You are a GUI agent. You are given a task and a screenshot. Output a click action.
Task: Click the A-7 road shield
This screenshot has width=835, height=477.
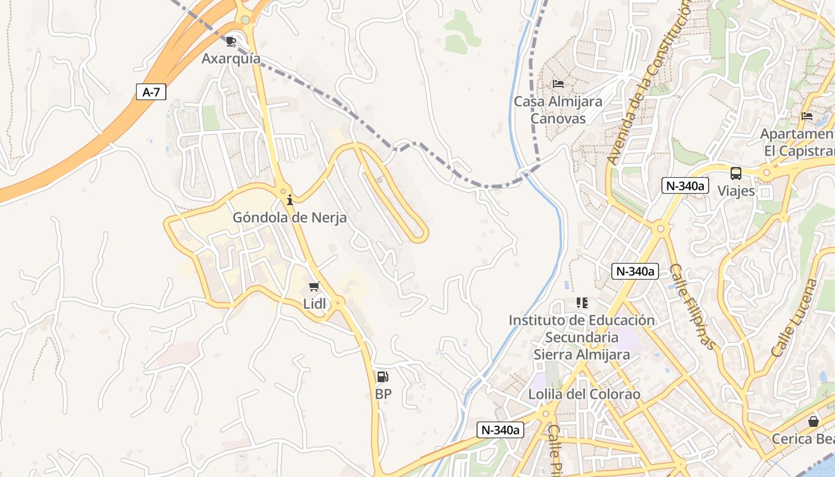[x=151, y=92]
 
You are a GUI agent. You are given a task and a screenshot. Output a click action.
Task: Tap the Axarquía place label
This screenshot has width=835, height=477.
[x=231, y=58]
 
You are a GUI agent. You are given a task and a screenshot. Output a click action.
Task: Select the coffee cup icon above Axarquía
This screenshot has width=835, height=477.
[x=231, y=41]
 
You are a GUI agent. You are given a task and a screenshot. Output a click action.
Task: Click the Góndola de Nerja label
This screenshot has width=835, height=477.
[x=289, y=218]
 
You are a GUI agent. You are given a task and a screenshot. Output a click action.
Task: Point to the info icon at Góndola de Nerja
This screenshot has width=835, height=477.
[x=290, y=200]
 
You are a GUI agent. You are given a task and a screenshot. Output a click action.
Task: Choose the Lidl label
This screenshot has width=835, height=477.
[x=315, y=303]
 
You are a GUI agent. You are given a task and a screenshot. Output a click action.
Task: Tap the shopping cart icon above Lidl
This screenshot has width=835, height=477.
[x=314, y=286]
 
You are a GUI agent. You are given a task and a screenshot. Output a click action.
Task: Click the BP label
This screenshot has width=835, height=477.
[x=383, y=394]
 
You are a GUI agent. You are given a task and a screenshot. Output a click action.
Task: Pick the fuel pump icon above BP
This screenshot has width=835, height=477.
[x=382, y=377]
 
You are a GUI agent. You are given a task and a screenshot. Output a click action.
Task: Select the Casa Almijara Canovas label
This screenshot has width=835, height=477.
[x=558, y=110]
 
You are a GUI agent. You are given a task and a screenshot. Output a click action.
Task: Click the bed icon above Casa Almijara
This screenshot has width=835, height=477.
[x=558, y=83]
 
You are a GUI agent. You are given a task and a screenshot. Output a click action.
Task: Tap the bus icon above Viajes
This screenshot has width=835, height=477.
[x=736, y=174]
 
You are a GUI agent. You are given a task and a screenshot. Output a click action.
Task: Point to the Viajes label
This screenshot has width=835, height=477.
[x=736, y=191]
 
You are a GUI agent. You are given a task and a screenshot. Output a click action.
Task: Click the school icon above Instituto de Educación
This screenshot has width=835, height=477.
[x=582, y=303]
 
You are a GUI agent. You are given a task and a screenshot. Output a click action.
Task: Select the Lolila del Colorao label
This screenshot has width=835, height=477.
[x=584, y=394]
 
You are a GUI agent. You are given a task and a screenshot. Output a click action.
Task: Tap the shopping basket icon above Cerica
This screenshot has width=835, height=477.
[x=813, y=422]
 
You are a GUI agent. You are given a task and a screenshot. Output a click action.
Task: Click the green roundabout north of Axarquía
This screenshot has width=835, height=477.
[x=245, y=20]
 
